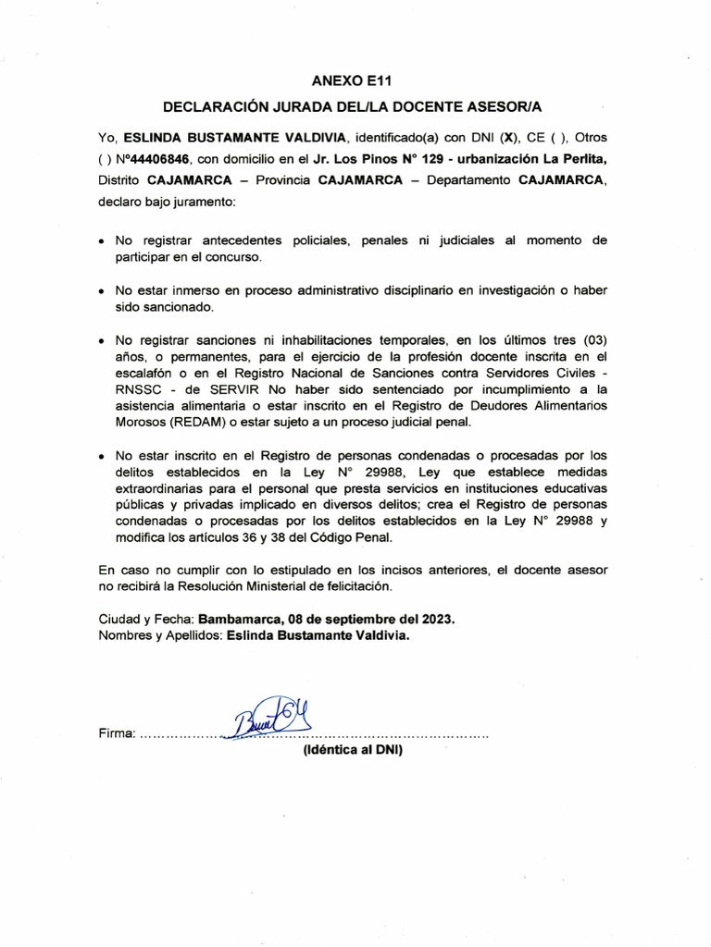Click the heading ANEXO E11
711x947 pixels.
[355, 80]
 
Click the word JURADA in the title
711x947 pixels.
[313, 107]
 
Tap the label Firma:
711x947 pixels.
[117, 734]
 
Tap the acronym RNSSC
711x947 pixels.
[136, 389]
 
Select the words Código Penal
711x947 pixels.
[355, 537]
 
